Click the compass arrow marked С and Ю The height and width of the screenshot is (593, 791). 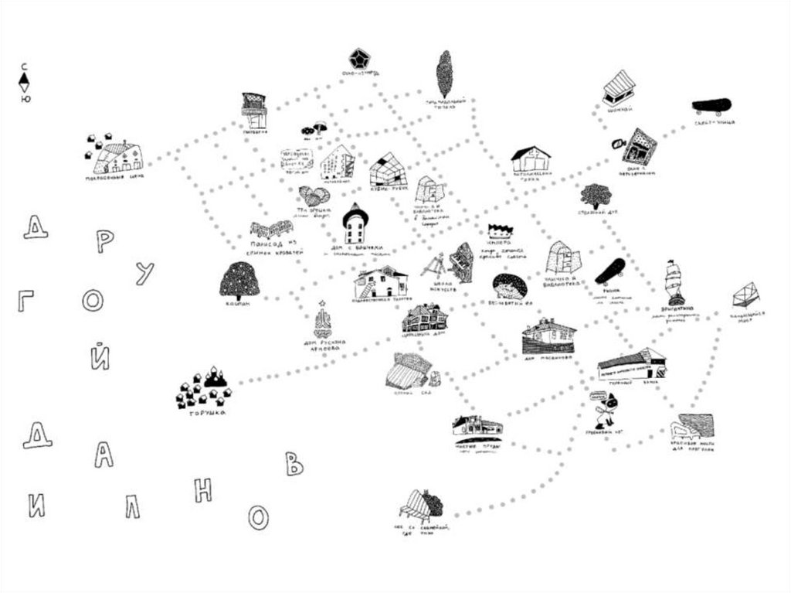click(x=25, y=82)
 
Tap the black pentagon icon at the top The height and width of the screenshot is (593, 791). click(x=358, y=58)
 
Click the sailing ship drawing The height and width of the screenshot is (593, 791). click(x=674, y=282)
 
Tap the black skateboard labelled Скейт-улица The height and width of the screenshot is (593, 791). click(x=711, y=106)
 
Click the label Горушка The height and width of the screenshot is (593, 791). click(x=206, y=413)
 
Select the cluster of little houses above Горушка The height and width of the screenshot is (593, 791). click(x=204, y=388)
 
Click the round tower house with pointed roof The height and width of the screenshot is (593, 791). click(x=355, y=224)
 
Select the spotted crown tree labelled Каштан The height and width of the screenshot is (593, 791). click(x=239, y=280)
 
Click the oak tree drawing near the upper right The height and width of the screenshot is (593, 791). click(x=596, y=196)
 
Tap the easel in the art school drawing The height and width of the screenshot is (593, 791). click(x=435, y=267)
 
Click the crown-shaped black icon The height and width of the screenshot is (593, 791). click(x=500, y=231)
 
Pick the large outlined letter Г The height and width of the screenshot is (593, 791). click(x=26, y=302)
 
